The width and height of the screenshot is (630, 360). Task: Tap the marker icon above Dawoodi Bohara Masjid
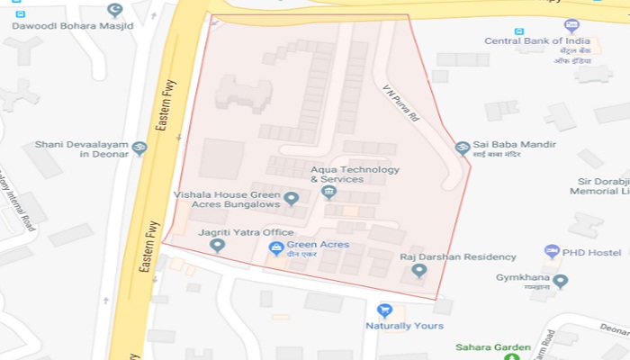point(113,10)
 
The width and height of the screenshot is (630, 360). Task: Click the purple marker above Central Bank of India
point(571,25)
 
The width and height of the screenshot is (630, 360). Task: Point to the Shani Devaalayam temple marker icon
point(139,148)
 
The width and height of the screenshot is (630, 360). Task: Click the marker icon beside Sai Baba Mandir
point(463,147)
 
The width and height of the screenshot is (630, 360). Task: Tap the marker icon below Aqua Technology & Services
point(328,192)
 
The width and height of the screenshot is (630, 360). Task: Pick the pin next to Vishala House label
point(291,198)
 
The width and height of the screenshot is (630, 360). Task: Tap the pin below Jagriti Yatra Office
point(216,245)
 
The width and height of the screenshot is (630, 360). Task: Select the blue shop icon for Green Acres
point(276,247)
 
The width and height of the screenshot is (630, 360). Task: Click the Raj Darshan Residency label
point(445,257)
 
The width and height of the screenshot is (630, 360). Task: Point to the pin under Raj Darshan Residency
point(418,271)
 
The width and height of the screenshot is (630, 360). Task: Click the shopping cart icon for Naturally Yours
point(384,310)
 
